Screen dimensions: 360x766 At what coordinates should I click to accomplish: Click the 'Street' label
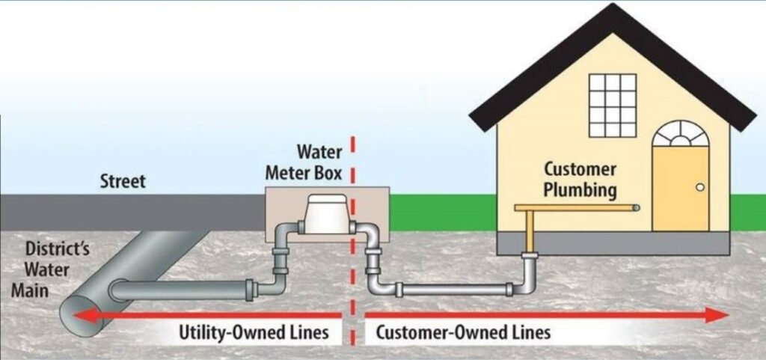[123, 182]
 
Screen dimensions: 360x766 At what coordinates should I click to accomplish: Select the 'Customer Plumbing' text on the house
[580, 180]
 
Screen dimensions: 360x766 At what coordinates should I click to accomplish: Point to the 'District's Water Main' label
[46, 269]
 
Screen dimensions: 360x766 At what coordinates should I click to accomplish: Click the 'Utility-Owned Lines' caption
[254, 332]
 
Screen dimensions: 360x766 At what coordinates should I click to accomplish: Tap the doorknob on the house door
[700, 188]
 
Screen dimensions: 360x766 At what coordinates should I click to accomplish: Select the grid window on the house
[612, 105]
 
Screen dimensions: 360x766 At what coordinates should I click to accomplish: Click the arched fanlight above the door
[680, 134]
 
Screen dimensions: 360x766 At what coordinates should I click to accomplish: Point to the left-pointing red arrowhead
[85, 315]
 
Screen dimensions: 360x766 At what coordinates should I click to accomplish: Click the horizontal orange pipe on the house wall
[576, 207]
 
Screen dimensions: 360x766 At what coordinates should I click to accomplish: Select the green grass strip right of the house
[747, 213]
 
